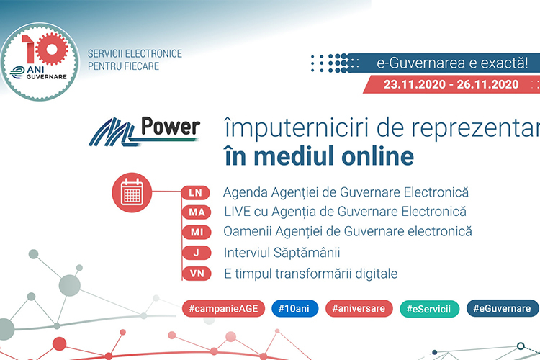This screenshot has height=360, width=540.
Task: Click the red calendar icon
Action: pyautogui.click(x=132, y=192)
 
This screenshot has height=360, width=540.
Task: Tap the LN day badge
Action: pyautogui.click(x=196, y=192)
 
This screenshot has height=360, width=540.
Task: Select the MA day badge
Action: pyautogui.click(x=197, y=212)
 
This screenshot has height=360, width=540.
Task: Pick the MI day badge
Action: pyautogui.click(x=197, y=232)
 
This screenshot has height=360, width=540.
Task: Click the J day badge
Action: pyautogui.click(x=197, y=253)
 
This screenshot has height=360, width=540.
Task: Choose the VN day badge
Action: pyautogui.click(x=197, y=274)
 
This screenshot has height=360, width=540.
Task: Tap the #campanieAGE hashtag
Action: pyautogui.click(x=223, y=308)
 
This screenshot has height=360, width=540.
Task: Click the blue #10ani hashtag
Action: pyautogui.click(x=294, y=308)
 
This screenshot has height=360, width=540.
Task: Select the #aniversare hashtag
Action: pyautogui.click(x=359, y=308)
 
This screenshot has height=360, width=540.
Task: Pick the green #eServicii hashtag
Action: pyautogui.click(x=429, y=309)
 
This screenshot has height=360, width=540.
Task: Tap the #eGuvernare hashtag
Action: pyautogui.click(x=503, y=308)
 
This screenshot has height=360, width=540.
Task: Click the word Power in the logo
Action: pyautogui.click(x=171, y=127)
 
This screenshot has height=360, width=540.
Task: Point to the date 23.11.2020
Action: pyautogui.click(x=415, y=84)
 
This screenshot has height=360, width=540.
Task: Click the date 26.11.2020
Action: pyautogui.click(x=487, y=84)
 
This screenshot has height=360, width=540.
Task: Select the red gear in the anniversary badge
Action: pyautogui.click(x=52, y=49)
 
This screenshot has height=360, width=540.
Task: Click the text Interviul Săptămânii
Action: pyautogui.click(x=282, y=253)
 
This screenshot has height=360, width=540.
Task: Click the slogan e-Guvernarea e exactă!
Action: pyautogui.click(x=452, y=63)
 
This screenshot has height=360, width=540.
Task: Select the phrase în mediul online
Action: pyautogui.click(x=319, y=156)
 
